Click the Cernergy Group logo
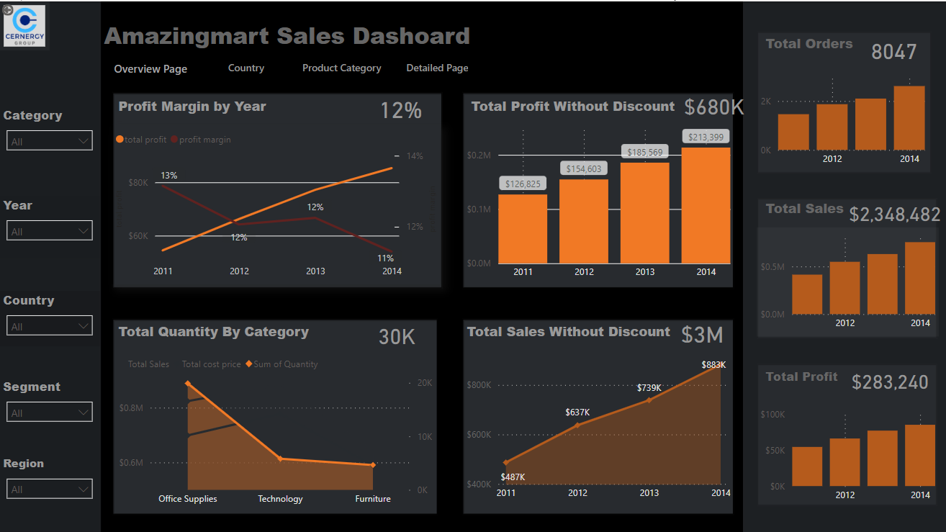click(x=24, y=26)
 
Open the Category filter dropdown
click(x=49, y=141)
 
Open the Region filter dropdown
click(x=49, y=489)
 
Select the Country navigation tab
click(x=246, y=68)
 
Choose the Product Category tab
click(x=341, y=68)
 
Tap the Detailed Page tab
click(x=437, y=68)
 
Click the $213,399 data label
click(x=706, y=137)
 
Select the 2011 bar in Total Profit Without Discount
click(x=523, y=228)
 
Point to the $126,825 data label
click(x=523, y=184)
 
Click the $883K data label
click(x=713, y=365)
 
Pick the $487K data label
click(x=513, y=477)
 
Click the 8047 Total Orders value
click(x=893, y=52)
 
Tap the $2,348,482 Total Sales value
click(x=894, y=215)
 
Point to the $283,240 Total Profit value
click(x=890, y=382)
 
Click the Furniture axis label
click(x=373, y=499)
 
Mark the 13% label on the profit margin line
click(x=169, y=175)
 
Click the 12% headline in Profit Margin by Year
click(x=400, y=111)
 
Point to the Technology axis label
click(x=280, y=499)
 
